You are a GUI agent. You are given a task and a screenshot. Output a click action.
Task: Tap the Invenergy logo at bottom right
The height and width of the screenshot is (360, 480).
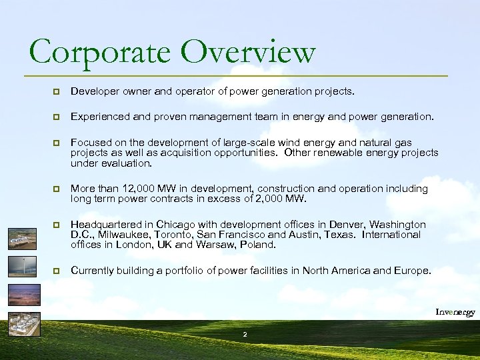click(455, 312)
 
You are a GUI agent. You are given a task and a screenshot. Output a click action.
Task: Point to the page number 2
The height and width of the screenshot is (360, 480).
click(245, 333)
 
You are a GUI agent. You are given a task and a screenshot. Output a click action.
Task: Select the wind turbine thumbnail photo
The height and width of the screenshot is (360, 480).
click(23, 267)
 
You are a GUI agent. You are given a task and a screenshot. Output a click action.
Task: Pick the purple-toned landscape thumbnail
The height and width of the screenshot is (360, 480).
click(23, 295)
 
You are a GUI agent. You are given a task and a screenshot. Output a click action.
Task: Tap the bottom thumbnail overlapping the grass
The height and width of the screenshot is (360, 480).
click(23, 323)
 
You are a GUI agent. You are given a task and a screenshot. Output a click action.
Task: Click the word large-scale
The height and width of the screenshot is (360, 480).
click(251, 143)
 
